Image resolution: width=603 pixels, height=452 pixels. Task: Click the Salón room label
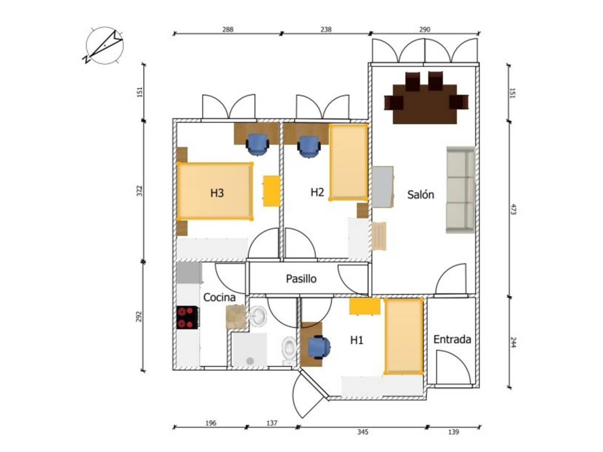420,194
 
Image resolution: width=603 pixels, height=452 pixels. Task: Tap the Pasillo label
301,279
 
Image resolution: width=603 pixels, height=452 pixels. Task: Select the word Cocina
219,298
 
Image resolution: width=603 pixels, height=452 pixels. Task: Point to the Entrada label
452,339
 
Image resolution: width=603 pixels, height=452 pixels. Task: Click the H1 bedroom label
357,340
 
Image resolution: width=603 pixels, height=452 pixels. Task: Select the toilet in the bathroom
289,351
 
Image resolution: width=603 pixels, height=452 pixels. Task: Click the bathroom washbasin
258,316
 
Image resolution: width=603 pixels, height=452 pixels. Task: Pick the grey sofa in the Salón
460,190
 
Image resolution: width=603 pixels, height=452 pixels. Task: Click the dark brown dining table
425,104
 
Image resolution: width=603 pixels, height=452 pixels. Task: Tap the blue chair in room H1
318,347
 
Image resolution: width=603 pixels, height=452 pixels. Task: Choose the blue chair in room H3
257,145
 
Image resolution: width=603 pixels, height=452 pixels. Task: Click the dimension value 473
513,210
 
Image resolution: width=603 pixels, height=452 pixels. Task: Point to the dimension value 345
362,432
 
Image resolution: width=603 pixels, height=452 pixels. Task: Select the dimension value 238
326,29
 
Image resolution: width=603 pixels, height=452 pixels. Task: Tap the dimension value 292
139,316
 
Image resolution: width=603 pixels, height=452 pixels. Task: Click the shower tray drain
250,361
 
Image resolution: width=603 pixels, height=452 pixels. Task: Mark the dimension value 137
272,423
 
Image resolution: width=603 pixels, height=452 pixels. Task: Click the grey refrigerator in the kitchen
188,273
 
